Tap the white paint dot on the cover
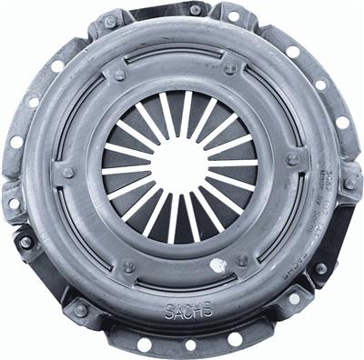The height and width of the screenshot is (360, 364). point(217,265)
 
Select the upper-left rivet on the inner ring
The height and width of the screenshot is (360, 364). point(119,75)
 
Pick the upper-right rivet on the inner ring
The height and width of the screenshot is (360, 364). point(230,68)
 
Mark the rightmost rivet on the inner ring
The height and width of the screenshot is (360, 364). point(294,160)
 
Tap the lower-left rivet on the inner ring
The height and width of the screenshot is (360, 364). point(127,267)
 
